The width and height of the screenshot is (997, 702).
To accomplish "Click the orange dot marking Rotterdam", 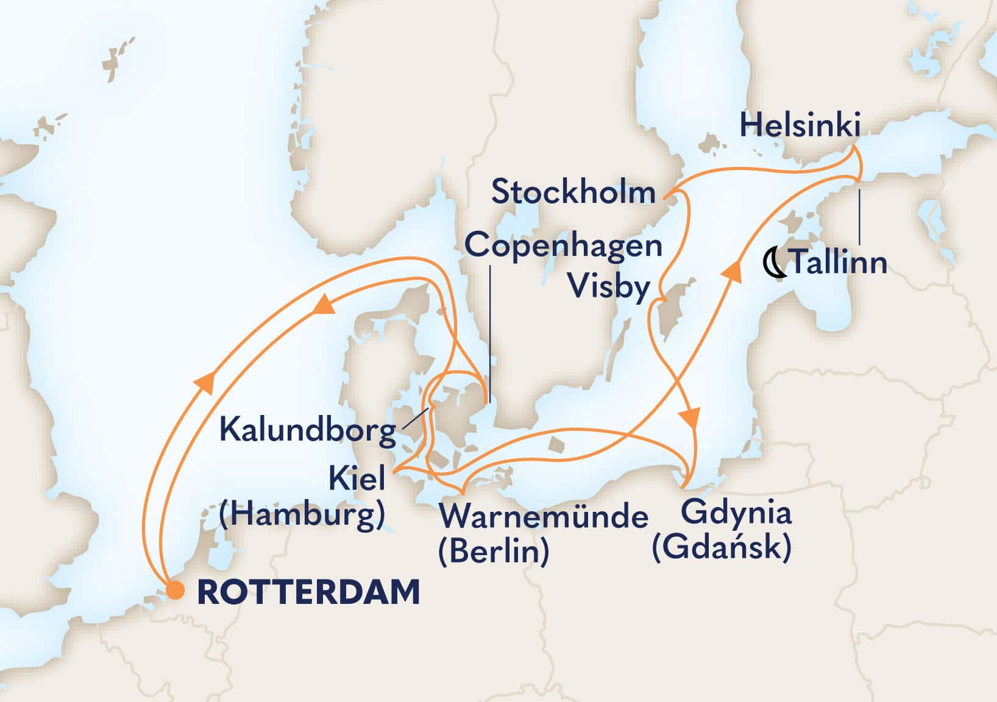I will click(176, 590).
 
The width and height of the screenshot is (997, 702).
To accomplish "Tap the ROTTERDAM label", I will click(308, 592).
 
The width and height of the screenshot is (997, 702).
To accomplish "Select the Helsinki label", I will click(800, 126).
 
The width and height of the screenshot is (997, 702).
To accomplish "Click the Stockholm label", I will click(573, 193).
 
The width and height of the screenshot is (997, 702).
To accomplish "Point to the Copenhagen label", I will click(563, 247).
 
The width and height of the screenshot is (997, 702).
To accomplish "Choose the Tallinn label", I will click(838, 263).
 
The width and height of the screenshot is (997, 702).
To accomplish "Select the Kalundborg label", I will click(308, 430).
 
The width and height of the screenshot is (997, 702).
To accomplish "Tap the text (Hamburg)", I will click(302, 516).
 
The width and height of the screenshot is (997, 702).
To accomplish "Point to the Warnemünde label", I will click(544, 517).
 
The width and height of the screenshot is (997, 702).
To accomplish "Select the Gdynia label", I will click(736, 512).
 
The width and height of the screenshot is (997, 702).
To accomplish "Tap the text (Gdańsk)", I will click(722, 547).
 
